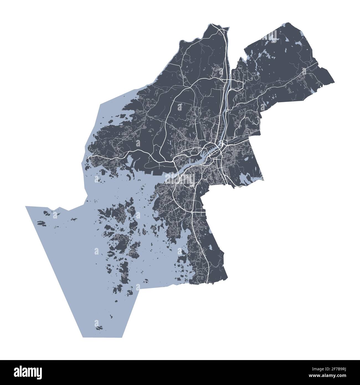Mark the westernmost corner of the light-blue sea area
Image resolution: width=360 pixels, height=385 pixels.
click(26, 206)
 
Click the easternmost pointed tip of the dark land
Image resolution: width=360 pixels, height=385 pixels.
click(334, 82)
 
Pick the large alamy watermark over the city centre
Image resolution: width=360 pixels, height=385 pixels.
click(180, 177)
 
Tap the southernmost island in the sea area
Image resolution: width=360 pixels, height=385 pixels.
click(98, 328)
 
